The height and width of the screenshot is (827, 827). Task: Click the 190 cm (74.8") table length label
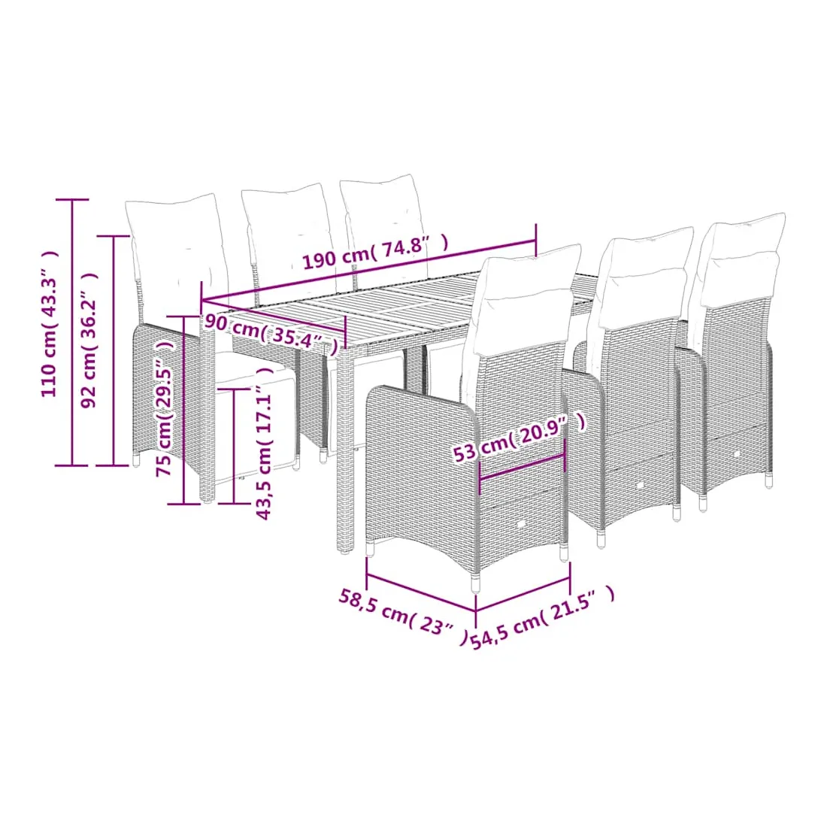tap(375, 251)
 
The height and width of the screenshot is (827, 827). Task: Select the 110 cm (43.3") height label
tap(50, 323)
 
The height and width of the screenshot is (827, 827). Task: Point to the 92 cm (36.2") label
tap(89, 340)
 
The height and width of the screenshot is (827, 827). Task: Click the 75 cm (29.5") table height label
tap(165, 408)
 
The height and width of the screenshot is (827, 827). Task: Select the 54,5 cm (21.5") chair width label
tap(543, 617)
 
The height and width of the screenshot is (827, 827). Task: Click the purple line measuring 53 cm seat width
tap(522, 465)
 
